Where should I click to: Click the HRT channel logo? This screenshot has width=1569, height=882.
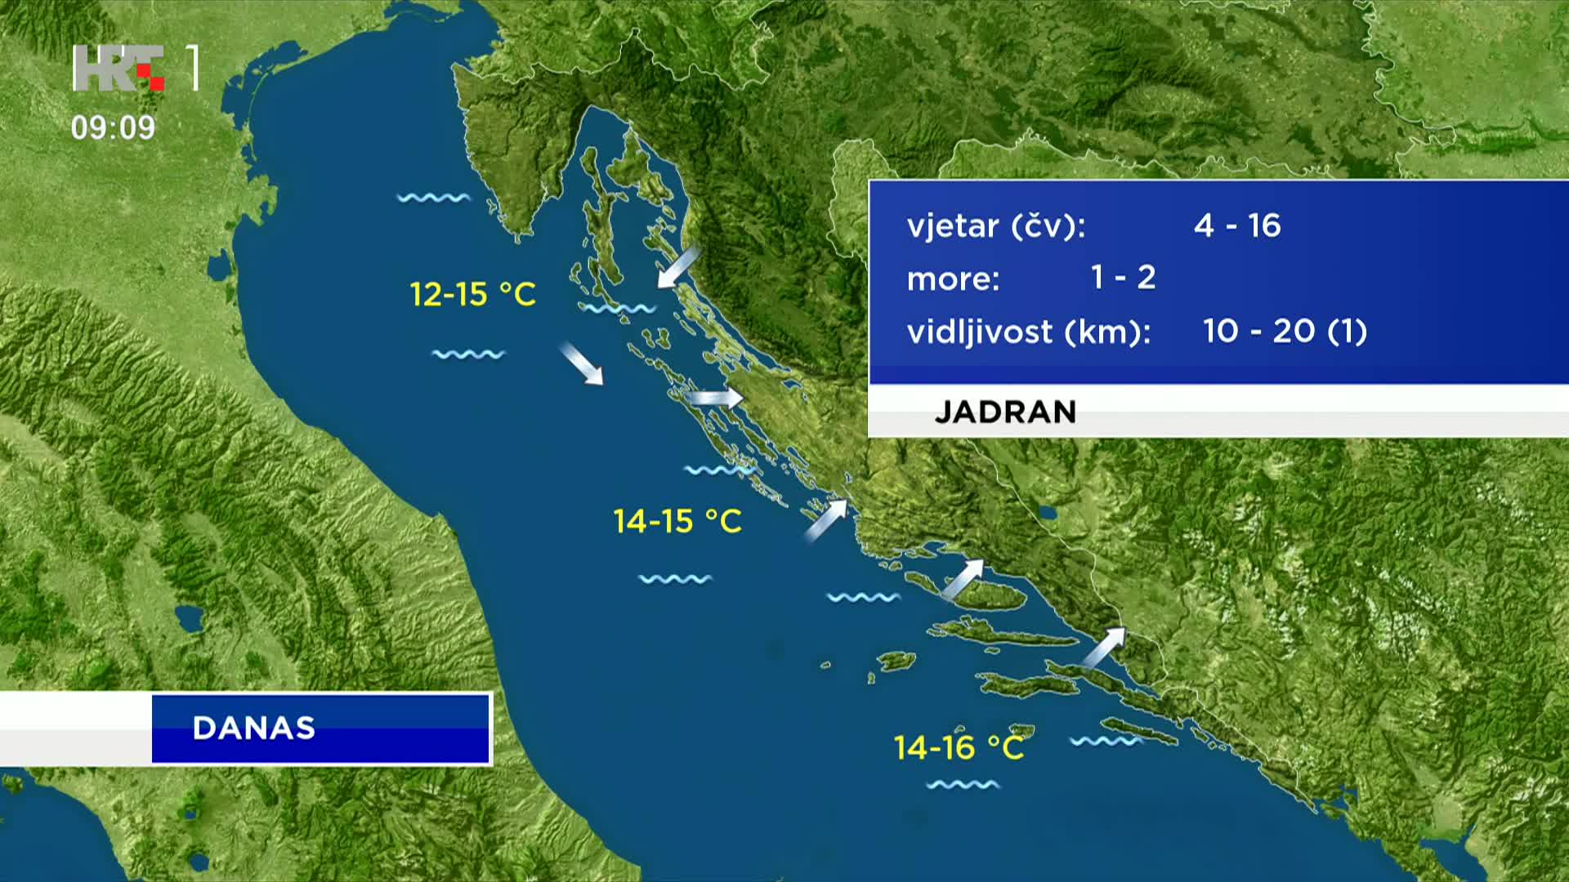(x=136, y=68)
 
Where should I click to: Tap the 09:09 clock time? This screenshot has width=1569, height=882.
(x=113, y=127)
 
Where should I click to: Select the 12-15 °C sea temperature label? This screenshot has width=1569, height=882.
(x=472, y=294)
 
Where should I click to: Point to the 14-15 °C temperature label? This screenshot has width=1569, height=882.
(x=677, y=521)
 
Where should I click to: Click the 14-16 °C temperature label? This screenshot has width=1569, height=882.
(x=959, y=747)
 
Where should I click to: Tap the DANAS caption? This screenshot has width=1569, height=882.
(x=254, y=728)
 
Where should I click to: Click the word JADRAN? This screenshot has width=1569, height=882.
(x=1005, y=412)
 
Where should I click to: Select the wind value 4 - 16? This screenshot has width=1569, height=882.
(x=1237, y=225)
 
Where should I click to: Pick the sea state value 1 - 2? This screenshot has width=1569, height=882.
(x=1124, y=278)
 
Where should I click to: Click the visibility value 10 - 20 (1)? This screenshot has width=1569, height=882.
(x=1285, y=331)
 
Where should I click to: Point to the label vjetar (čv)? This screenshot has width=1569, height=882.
(x=996, y=226)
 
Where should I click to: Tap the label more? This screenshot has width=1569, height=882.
(x=954, y=279)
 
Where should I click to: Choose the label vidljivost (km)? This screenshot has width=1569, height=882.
(x=1029, y=332)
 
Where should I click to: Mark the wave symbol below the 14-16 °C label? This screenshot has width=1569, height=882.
(x=963, y=785)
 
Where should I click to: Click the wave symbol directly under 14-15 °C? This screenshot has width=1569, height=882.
(x=675, y=579)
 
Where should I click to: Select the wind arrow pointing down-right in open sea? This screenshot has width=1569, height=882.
(x=582, y=363)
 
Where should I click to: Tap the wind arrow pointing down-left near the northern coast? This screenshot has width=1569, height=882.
(x=678, y=267)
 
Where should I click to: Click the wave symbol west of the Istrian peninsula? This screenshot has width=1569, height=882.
(x=434, y=198)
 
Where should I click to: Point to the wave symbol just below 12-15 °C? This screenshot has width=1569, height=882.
(x=468, y=354)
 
